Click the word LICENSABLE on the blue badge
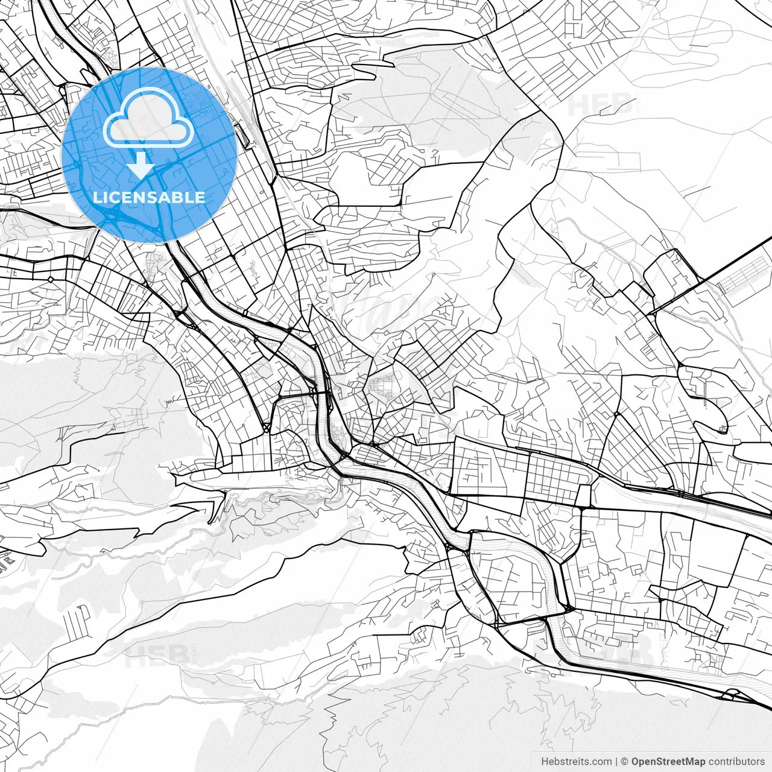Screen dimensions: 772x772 149,197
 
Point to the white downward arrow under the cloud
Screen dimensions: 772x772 141,165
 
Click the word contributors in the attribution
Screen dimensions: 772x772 736,762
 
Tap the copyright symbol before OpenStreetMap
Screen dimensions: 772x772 625,762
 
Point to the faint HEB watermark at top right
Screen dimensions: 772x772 600,104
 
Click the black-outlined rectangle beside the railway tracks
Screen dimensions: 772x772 244,136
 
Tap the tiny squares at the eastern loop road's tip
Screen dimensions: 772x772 723,429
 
